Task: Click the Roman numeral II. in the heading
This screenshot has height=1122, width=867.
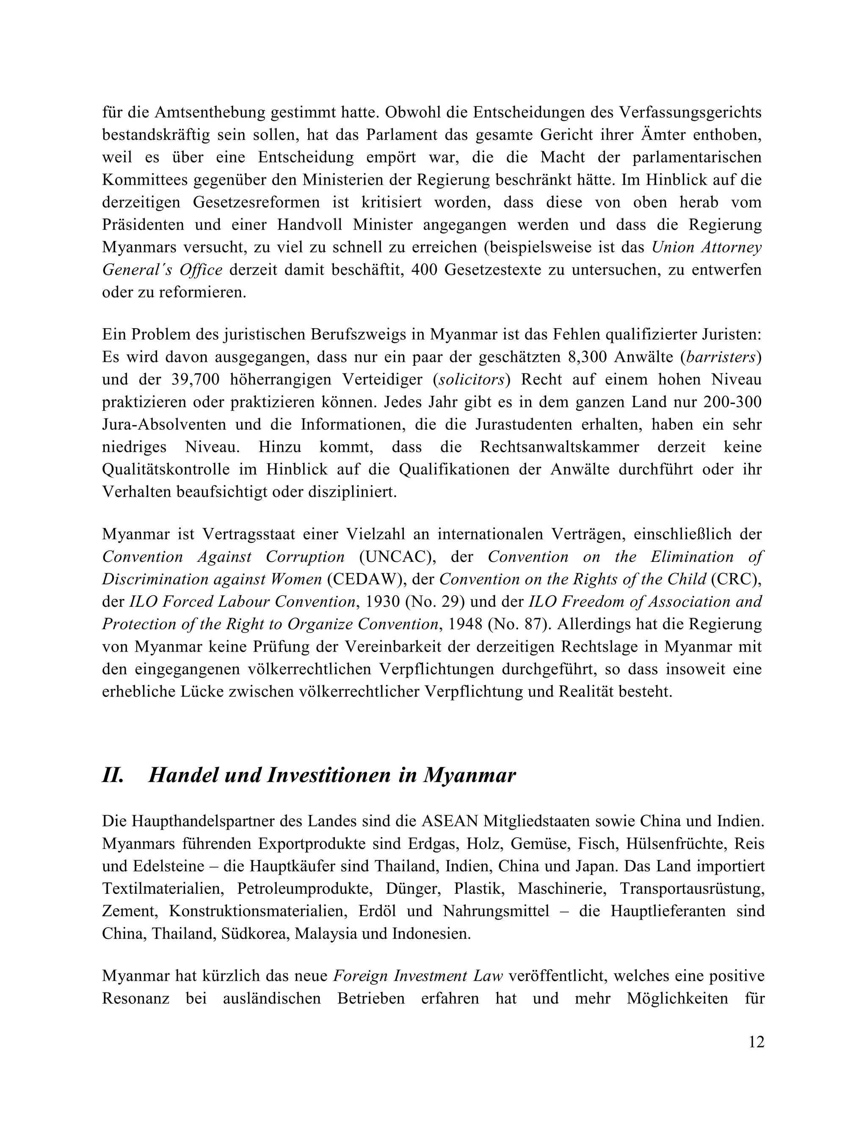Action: click(113, 775)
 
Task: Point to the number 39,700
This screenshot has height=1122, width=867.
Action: click(194, 380)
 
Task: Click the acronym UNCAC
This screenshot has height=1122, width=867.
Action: click(393, 557)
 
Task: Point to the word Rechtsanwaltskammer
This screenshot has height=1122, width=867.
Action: click(559, 447)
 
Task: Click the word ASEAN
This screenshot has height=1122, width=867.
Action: click(450, 821)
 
